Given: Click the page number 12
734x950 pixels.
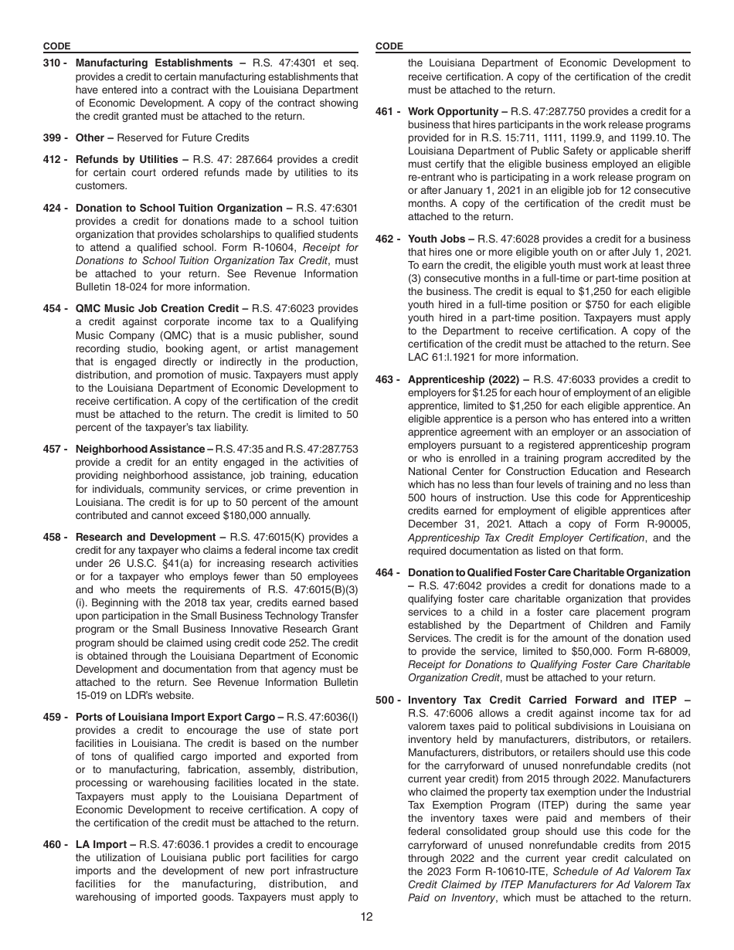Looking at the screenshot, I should tap(366, 917).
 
